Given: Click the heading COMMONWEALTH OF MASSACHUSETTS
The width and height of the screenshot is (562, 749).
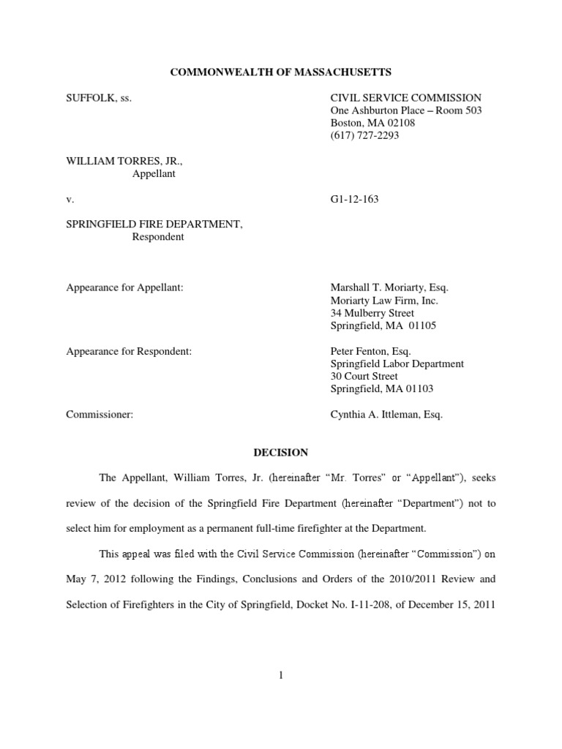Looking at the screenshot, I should point(280,72).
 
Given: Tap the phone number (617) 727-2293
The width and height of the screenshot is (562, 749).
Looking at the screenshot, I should point(364,135).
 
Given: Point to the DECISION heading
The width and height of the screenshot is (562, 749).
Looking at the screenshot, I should point(281,453).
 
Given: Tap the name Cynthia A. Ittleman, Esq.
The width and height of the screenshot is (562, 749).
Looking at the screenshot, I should point(386,415).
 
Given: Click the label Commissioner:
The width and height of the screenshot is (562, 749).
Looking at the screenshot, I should point(100,415).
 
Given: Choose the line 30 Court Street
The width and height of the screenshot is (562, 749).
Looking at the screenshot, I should point(364,377).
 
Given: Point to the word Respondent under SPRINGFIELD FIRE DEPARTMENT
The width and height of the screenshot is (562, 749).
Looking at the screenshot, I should point(157,237).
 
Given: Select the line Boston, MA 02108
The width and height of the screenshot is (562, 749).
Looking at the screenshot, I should point(372,123).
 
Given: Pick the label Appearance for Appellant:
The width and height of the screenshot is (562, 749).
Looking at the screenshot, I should point(124,288).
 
